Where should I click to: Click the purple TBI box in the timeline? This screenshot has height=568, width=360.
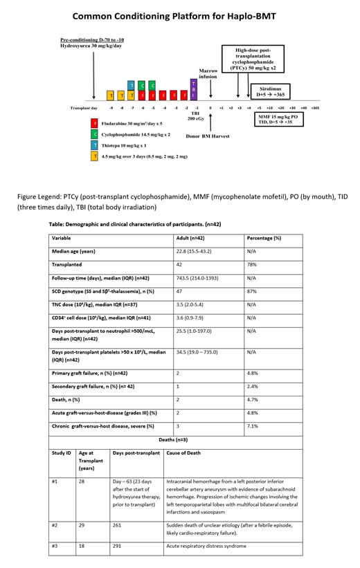click(x=194, y=89)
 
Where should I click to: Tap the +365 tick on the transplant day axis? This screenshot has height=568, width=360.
click(x=315, y=108)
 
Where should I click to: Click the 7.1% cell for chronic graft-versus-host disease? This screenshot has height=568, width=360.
click(x=252, y=426)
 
